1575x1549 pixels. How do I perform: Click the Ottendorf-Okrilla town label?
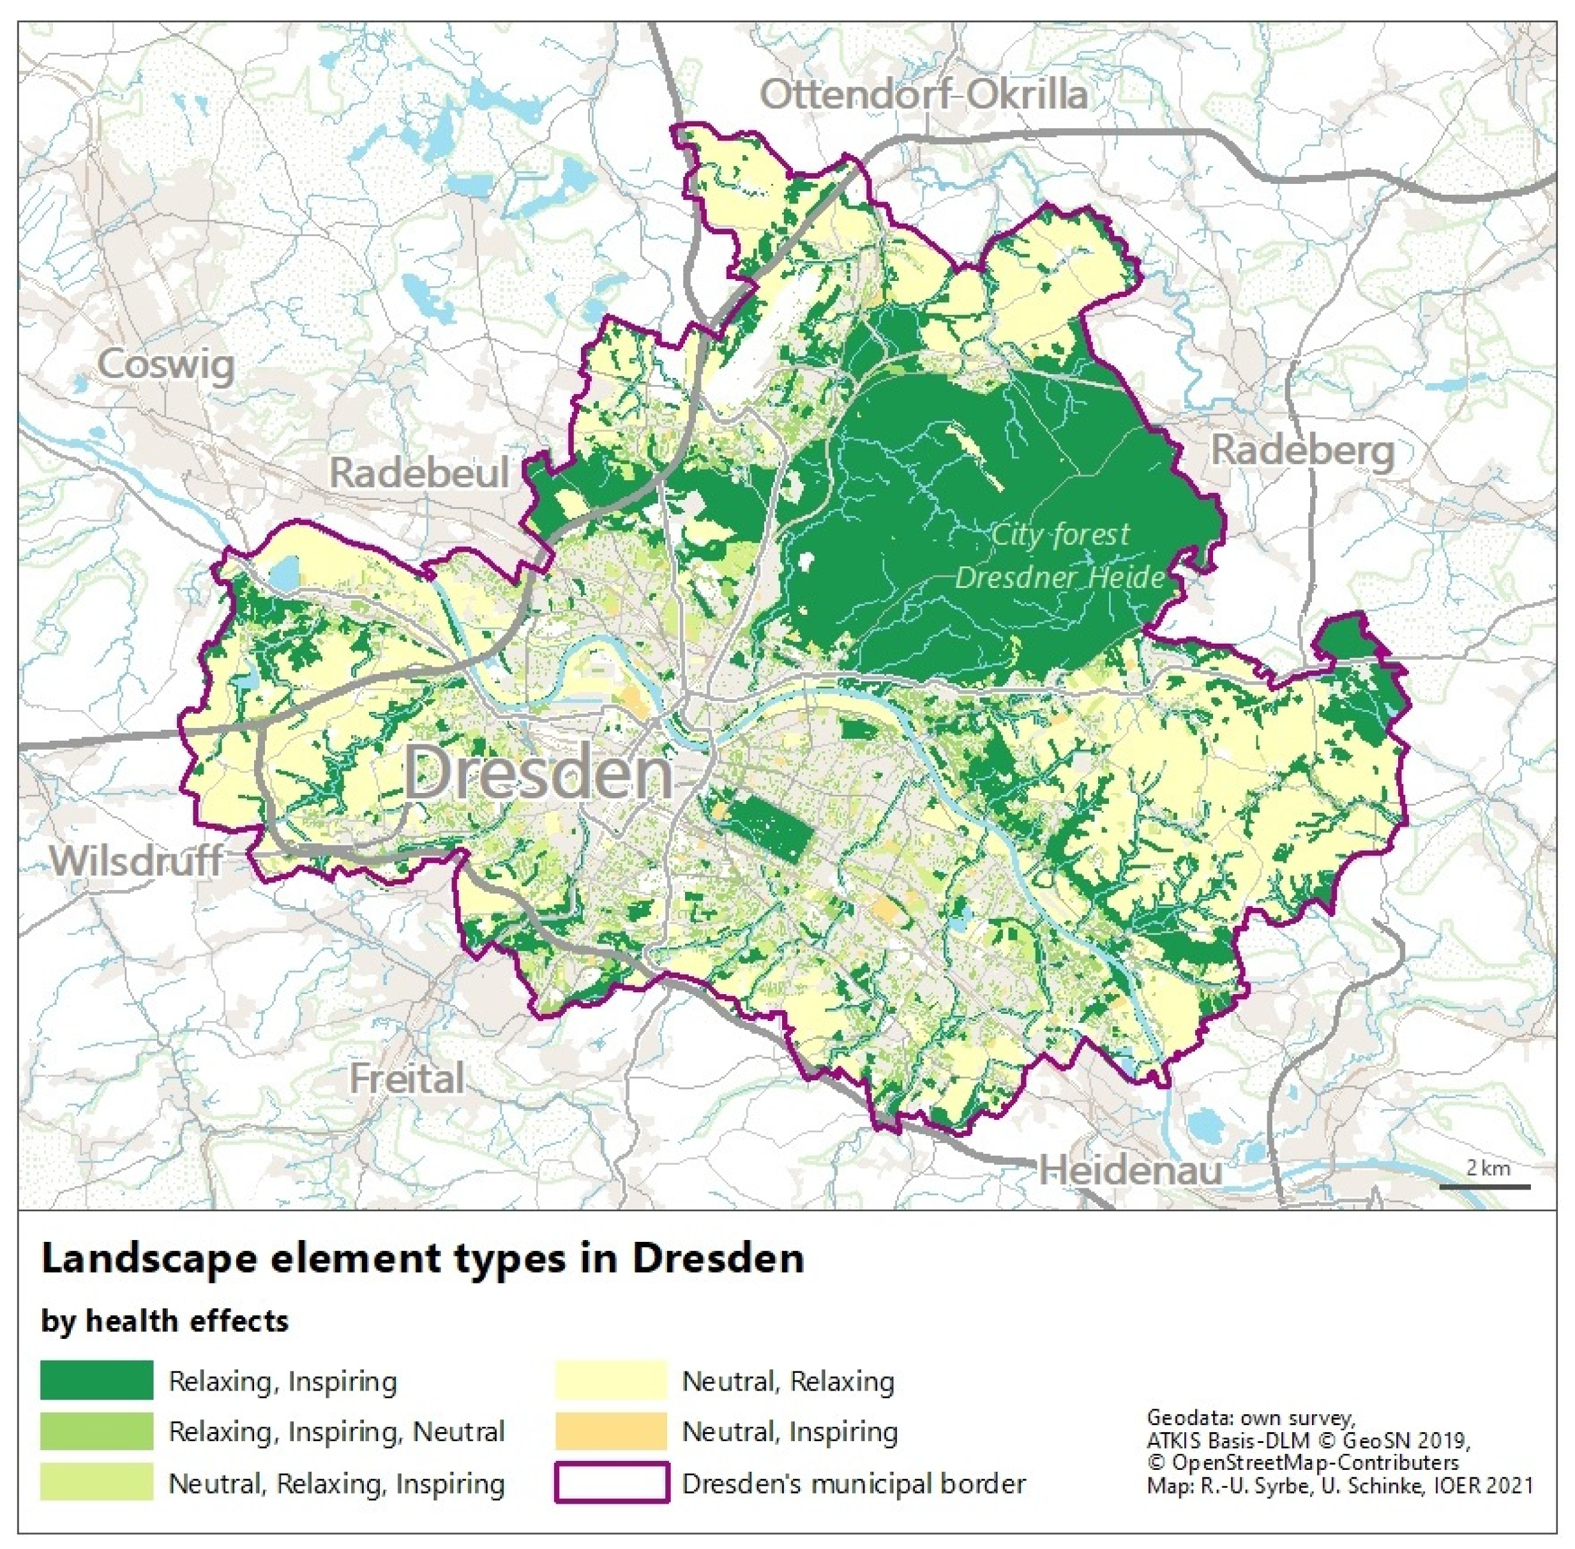tap(923, 95)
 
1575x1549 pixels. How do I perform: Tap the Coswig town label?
tap(167, 365)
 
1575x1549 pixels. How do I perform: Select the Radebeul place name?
tap(419, 472)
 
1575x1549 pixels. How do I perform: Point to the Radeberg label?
tap(1302, 450)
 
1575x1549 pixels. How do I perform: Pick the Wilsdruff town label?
tap(136, 860)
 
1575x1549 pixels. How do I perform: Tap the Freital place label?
tap(407, 1079)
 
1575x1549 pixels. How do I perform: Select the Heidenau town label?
tap(1131, 1171)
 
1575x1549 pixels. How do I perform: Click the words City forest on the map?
tap(1060, 534)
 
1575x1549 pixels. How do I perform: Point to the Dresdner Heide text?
tap(1060, 578)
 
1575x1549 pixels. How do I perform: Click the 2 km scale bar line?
tap(1485, 1186)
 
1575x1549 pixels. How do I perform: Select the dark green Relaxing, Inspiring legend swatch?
tap(97, 1380)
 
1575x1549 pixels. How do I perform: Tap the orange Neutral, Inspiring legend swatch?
tap(611, 1431)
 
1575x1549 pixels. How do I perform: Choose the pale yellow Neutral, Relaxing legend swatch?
tap(611, 1380)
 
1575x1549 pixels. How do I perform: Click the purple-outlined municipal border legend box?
tap(611, 1483)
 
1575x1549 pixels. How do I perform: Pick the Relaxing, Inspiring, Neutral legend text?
tap(336, 1431)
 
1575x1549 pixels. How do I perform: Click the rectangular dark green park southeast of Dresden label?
tap(769, 827)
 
